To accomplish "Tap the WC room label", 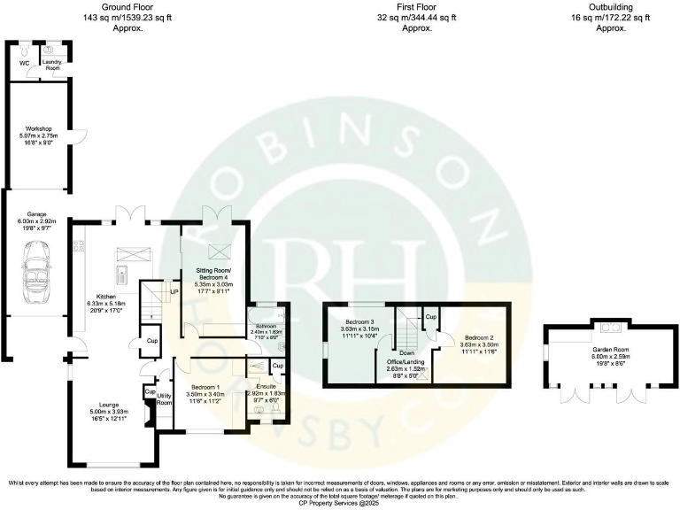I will pos(25,63).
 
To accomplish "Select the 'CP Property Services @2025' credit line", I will pos(340,502).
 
